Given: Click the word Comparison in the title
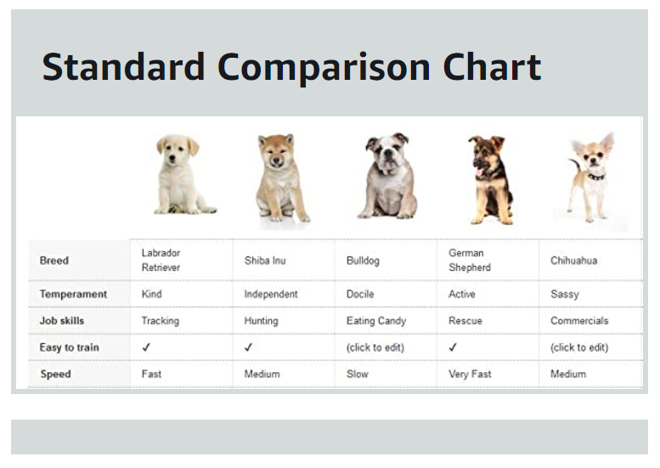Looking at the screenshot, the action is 324,68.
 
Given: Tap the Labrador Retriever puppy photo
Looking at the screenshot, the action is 182,174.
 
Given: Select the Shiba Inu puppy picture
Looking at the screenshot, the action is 280,178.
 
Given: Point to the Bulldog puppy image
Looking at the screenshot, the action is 388,176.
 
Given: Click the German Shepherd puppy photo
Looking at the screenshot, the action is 490,180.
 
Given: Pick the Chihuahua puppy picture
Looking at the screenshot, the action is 590,178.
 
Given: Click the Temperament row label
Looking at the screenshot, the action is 73,294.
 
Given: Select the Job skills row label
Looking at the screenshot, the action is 62,321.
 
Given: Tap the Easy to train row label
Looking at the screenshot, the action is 70,347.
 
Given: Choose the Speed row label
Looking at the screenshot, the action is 55,375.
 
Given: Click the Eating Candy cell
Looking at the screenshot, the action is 376,321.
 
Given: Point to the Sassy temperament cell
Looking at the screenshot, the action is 565,294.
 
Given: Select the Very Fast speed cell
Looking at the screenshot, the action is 470,375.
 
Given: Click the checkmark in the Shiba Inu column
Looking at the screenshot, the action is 248,347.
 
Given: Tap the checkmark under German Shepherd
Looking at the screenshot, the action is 453,347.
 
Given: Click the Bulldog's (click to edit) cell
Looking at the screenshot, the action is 375,347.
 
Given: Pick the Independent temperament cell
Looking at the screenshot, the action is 271,294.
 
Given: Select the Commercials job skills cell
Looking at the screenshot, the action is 579,321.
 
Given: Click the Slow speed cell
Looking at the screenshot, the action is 358,375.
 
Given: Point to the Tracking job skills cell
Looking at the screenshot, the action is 161,321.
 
